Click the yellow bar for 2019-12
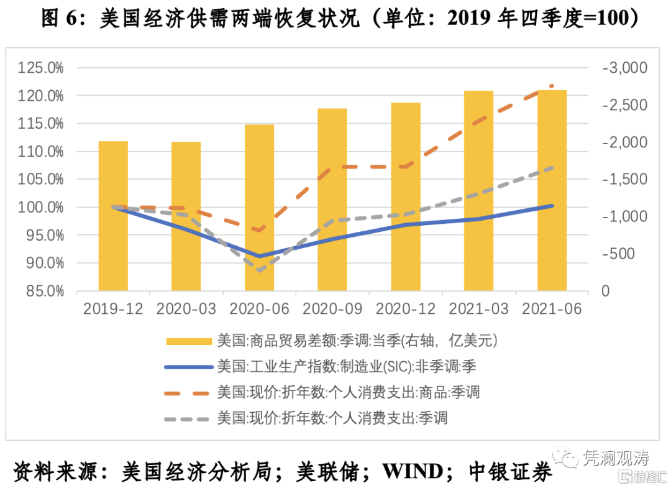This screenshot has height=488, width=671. click(x=113, y=216)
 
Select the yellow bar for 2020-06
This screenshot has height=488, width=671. click(x=259, y=208)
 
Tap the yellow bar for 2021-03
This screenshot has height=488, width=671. click(x=478, y=191)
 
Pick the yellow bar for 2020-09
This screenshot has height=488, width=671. click(x=332, y=200)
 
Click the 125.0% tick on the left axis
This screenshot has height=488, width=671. click(x=40, y=68)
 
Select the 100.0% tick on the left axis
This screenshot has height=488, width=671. click(x=40, y=207)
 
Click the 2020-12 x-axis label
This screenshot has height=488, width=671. click(x=406, y=309)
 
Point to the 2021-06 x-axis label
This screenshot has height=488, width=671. click(x=552, y=309)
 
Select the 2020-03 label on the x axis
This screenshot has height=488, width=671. click(x=186, y=309)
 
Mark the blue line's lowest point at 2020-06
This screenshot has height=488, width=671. click(x=259, y=256)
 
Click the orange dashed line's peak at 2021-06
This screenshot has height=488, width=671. click(x=552, y=86)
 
